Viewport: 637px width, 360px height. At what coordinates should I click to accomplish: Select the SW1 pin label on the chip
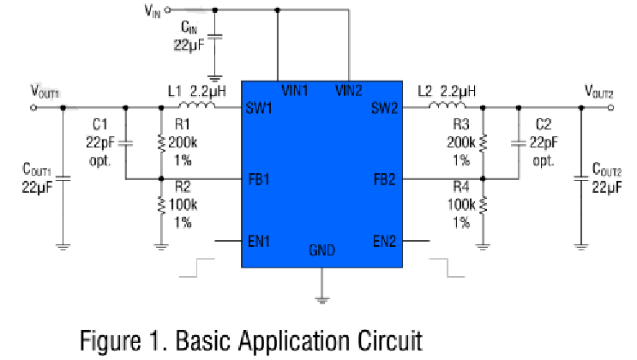(259, 109)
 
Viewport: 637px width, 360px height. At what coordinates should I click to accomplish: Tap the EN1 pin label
(259, 242)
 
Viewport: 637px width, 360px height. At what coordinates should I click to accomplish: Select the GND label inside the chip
(322, 251)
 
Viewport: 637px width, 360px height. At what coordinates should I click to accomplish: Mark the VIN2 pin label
(349, 89)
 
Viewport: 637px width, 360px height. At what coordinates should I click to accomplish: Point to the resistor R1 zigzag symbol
(161, 143)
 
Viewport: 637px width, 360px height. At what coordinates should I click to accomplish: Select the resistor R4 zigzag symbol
(483, 206)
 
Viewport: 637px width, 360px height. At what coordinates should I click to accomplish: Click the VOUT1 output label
(45, 90)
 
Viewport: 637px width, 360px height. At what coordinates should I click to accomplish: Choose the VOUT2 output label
(599, 90)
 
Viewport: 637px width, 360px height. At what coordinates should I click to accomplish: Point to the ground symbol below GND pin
(322, 298)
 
